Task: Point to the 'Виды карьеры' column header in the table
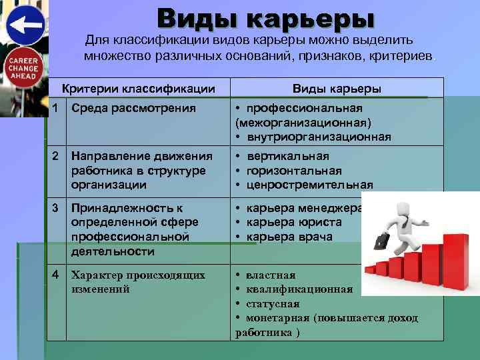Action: point(337,88)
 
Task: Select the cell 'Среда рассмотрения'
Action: point(133,108)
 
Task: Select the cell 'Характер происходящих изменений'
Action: point(138,281)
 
